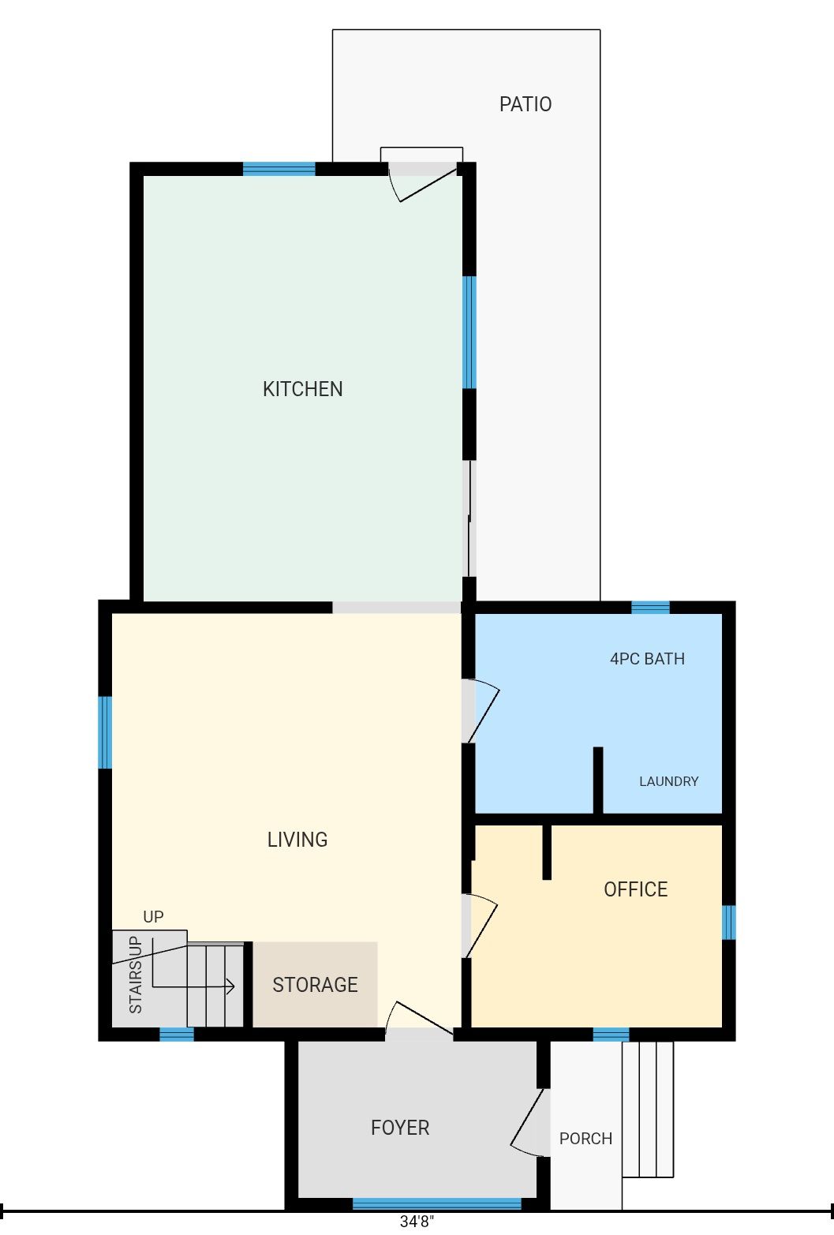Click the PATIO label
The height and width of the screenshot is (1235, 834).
pos(525,104)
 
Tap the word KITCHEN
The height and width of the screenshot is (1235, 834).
pos(303,389)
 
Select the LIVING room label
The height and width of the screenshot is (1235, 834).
pos(297,840)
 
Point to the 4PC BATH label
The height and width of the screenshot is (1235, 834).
pos(647,659)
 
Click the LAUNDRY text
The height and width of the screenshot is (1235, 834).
pos(668,781)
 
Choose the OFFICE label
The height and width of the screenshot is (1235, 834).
pos(635,889)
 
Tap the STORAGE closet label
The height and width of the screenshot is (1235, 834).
pos(316,985)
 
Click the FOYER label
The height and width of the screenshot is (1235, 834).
pos(400,1128)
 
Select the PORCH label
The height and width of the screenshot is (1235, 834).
pos(586,1139)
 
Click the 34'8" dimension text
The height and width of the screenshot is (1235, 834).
pos(417,1222)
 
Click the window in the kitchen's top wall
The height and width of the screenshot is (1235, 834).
pos(279,169)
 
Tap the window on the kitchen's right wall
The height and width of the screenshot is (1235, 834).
pos(469,332)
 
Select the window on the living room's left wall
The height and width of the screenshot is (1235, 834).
pos(105,732)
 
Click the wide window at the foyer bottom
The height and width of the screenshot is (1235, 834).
pos(436,1204)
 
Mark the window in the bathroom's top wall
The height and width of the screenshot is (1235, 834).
pos(650,607)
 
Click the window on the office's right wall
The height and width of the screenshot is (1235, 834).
pos(729,922)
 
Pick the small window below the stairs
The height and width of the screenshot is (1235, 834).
pos(177,1035)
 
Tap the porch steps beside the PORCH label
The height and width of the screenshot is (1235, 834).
pos(648,1110)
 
